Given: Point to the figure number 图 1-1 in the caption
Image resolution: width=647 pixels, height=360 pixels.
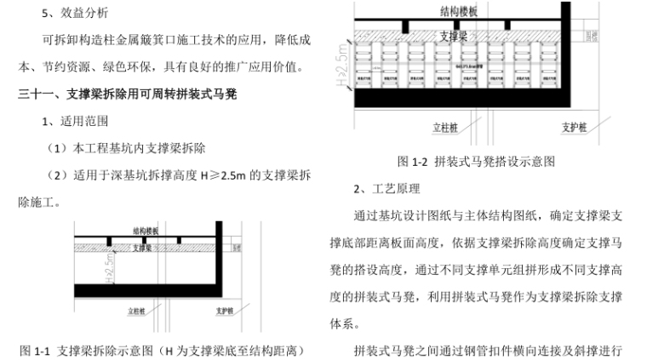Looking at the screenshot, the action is click(37, 349).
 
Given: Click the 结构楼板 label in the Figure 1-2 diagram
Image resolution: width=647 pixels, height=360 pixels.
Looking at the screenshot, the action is click(459, 12).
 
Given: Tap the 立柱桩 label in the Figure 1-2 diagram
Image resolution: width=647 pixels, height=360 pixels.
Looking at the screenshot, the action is click(445, 128).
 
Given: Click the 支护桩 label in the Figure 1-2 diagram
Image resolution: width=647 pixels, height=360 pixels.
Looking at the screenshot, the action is click(575, 128).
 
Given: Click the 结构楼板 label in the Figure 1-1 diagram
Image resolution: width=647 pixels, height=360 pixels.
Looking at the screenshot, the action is click(146, 231).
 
